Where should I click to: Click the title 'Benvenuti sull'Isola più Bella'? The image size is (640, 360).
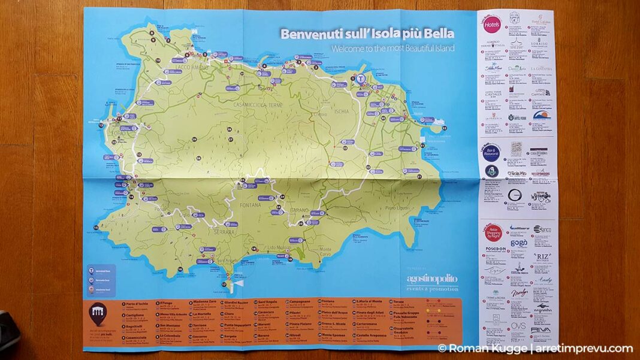pyautogui.click(x=367, y=34)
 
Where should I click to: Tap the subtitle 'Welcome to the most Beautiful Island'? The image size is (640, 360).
pyautogui.click(x=393, y=49)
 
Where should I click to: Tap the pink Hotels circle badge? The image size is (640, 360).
pyautogui.click(x=492, y=25)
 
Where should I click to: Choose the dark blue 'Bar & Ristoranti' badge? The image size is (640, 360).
pyautogui.click(x=491, y=152)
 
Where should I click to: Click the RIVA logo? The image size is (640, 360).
pyautogui.click(x=541, y=330)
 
